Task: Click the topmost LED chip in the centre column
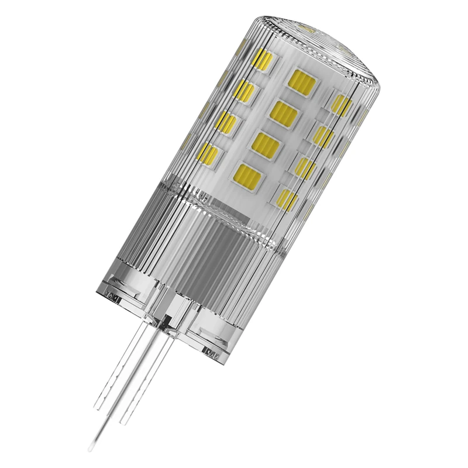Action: pyautogui.click(x=302, y=80)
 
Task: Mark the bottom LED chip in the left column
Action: pyautogui.click(x=209, y=154)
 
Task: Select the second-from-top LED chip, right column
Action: pyautogui.click(x=322, y=137)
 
